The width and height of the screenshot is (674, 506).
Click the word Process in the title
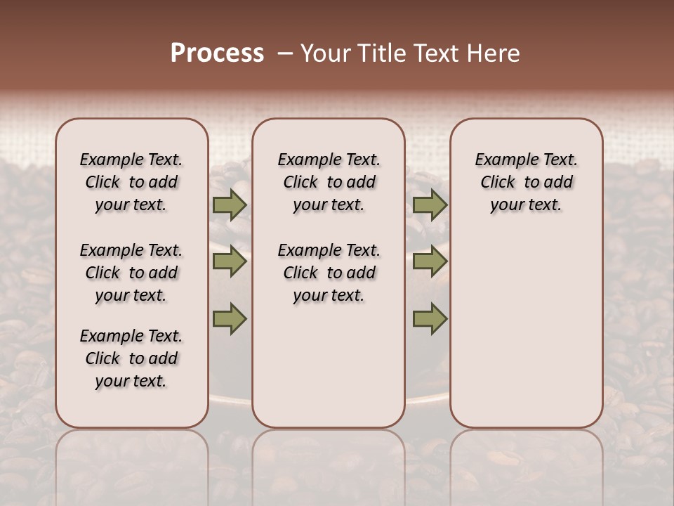(217, 53)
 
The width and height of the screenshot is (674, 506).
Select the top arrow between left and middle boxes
(230, 205)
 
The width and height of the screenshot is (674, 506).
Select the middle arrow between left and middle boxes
(230, 262)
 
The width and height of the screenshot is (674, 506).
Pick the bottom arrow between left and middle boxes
(230, 319)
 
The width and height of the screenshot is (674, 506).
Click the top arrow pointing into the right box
(430, 205)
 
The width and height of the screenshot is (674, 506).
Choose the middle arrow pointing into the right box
(430, 262)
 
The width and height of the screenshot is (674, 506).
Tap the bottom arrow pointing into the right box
(430, 319)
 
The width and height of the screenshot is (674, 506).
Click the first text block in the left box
(131, 182)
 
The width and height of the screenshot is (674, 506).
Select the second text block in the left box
(131, 273)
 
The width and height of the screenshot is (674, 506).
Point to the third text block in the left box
(131, 358)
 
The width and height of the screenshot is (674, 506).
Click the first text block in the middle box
(329, 182)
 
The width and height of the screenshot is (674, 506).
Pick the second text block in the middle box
(329, 273)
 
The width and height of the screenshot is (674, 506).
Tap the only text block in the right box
(526, 182)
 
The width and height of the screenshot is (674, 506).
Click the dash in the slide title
(284, 53)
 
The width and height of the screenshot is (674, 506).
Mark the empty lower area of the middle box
(329, 365)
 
